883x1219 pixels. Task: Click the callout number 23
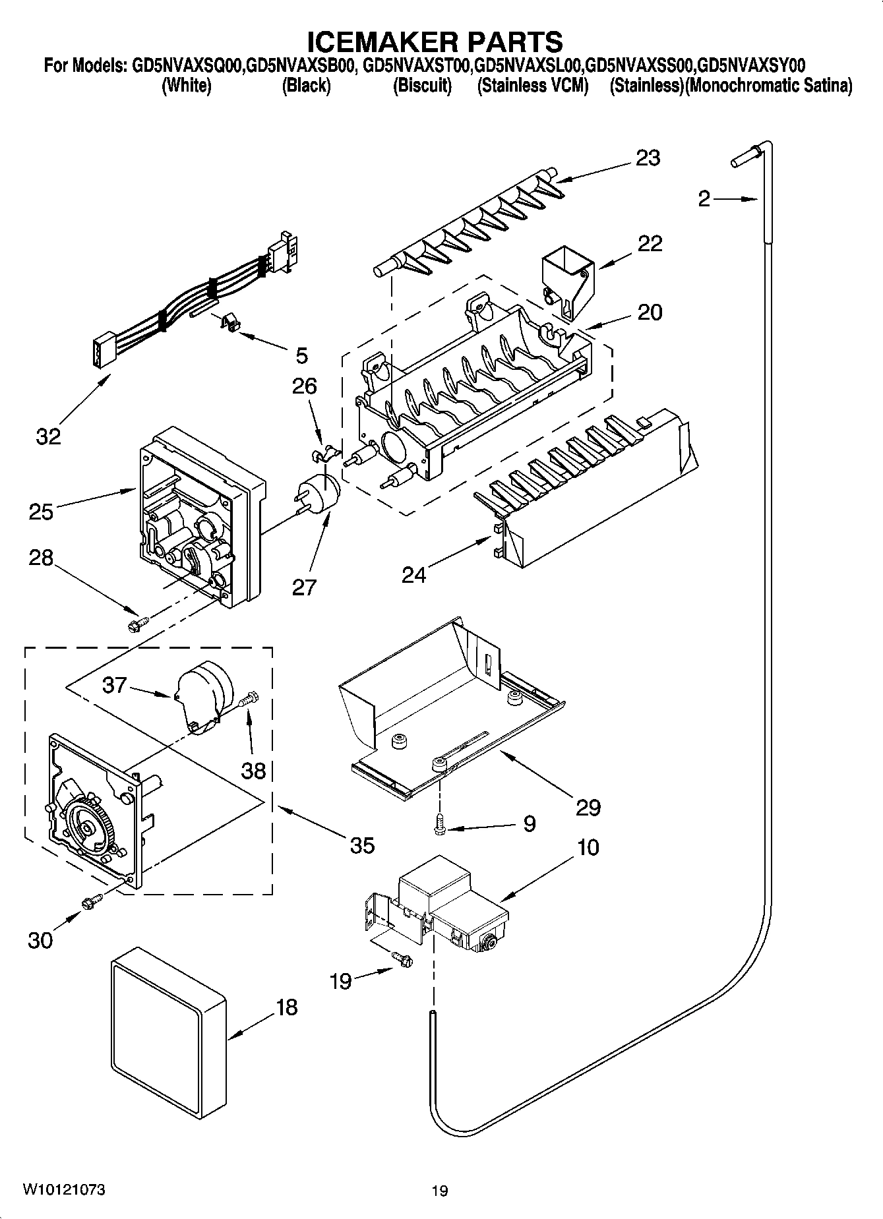pos(648,158)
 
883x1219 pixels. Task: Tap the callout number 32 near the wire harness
pos(48,436)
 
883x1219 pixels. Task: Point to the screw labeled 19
pos(401,959)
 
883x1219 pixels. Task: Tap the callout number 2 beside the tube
pos(704,198)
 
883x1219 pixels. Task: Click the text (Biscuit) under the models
pos(422,86)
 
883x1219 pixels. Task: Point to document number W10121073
pos(63,1190)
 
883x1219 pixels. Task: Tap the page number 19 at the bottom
pos(440,1191)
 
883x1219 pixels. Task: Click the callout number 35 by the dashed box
pos(362,845)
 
